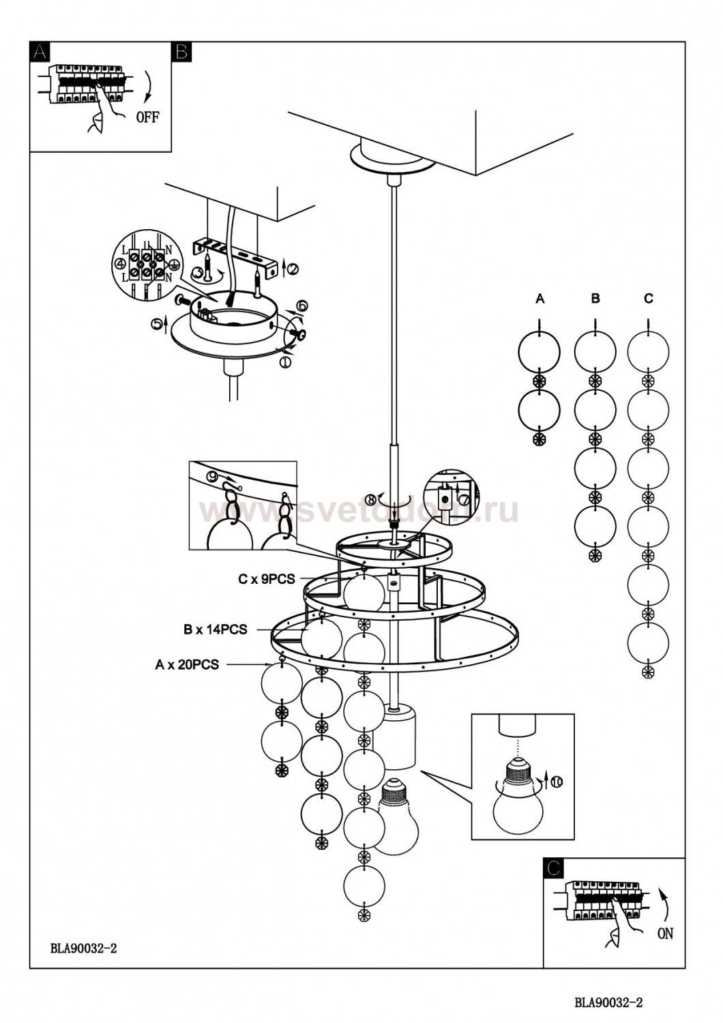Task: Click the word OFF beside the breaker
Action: point(148,117)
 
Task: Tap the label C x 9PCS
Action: point(267,579)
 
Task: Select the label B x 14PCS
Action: point(215,629)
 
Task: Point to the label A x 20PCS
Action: point(187,664)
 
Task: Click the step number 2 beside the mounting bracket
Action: point(293,269)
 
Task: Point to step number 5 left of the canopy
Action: point(157,323)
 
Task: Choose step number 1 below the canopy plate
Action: point(285,363)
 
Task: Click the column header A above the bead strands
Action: point(540,299)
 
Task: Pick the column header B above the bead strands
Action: point(595,299)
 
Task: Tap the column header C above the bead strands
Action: point(649,299)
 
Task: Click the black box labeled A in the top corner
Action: point(40,52)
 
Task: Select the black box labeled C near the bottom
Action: point(554,868)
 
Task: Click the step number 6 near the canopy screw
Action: point(303,306)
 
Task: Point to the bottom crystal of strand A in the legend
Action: point(540,439)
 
